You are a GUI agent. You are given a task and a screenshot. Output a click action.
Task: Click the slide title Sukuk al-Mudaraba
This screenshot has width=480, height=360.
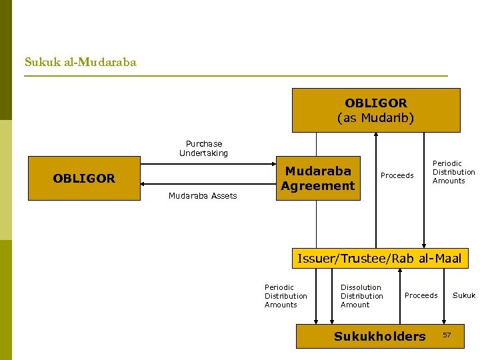[x=80, y=62]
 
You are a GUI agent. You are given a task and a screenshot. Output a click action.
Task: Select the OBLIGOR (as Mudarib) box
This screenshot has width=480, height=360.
[x=375, y=111]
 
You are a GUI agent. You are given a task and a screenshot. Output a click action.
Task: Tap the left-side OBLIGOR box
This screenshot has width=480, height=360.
[x=84, y=179]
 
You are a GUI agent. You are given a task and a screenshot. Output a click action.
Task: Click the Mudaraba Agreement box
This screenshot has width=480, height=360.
[x=317, y=179]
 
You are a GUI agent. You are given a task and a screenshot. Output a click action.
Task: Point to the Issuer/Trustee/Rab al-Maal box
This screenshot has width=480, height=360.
[x=379, y=258]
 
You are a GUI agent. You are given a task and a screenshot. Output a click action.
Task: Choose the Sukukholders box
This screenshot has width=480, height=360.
[x=379, y=337]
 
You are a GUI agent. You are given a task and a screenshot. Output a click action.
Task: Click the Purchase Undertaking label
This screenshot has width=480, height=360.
[x=203, y=148]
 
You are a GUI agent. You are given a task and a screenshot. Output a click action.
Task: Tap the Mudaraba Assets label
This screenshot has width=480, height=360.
[x=203, y=196]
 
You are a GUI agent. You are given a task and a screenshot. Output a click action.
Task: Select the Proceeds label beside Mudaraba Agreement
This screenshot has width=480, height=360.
[x=397, y=175]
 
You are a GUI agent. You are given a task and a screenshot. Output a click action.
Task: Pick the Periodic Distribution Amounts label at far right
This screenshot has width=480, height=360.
[x=453, y=172]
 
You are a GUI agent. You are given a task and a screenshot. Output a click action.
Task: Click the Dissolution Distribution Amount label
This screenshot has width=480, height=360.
[x=361, y=296]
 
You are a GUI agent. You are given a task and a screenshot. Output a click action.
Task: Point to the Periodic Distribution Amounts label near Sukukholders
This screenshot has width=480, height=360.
[x=285, y=296]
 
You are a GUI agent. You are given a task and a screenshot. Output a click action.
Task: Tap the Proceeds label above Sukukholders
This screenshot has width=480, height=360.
[x=421, y=295]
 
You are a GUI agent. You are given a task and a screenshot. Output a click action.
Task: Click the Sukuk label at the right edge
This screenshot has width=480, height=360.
[x=464, y=295]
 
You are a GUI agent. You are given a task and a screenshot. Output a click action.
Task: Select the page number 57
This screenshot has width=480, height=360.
[x=447, y=333]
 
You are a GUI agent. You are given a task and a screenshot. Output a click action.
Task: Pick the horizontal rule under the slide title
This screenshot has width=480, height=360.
[x=235, y=76]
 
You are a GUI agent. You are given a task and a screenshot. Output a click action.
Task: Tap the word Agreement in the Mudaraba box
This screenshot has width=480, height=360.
[x=317, y=186]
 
